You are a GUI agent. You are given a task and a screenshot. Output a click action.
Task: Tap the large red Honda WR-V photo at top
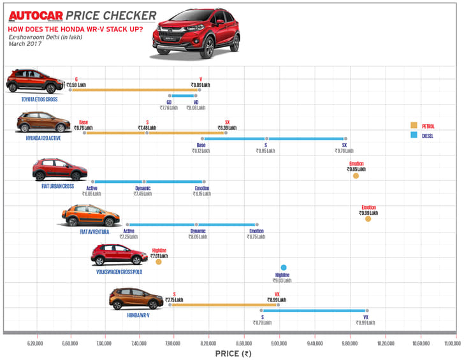196,34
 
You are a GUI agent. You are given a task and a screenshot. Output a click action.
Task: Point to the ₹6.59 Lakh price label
76,85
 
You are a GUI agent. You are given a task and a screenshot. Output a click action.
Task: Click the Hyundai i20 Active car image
43,122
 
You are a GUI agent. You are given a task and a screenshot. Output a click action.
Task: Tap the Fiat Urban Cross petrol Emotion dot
356,176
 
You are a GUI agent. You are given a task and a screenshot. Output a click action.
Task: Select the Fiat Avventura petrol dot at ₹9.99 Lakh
368,219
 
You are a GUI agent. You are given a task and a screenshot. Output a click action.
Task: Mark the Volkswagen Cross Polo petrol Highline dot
159,261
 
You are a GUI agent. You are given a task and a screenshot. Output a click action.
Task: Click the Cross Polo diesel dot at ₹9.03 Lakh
284,268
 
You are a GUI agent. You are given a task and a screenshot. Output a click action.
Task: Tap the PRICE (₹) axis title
232,352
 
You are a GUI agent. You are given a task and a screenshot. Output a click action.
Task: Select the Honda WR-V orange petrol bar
223,305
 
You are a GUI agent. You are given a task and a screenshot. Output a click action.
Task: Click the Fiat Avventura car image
92,217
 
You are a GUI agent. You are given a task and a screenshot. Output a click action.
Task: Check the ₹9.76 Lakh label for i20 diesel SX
344,151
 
